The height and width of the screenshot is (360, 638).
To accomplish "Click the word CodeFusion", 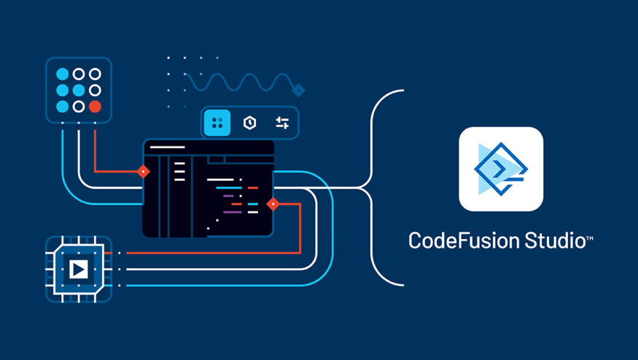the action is [464, 240].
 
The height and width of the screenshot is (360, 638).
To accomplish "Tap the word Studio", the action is [555, 240].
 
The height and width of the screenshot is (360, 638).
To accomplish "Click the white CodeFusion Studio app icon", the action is [501, 169].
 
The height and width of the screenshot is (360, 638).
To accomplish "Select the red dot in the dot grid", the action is [95, 106].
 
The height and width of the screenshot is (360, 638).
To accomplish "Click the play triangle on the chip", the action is [78, 270].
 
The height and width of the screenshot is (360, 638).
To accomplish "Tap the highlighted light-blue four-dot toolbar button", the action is [217, 122].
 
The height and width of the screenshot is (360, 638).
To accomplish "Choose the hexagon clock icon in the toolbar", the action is [249, 122].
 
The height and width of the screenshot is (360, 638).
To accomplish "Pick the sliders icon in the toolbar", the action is [282, 122].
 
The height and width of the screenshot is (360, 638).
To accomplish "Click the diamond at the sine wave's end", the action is [298, 90].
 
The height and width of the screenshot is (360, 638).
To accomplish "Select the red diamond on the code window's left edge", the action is [143, 172].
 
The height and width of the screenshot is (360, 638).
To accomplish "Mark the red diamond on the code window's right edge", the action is [273, 204].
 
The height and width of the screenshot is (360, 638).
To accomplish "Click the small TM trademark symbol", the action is [590, 238].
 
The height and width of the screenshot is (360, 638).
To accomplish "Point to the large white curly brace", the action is [371, 187].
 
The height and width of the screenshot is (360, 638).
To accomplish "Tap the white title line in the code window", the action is [167, 147].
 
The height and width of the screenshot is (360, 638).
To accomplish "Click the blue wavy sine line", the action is [240, 82].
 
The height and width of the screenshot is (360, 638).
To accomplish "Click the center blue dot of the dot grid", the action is [79, 90].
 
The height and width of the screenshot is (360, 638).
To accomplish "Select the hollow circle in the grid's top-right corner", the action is [95, 74].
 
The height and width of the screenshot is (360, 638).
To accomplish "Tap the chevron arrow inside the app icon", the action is [499, 169].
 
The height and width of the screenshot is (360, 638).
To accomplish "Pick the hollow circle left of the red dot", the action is [79, 106].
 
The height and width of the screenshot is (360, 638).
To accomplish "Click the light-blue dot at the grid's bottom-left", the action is [62, 106].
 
